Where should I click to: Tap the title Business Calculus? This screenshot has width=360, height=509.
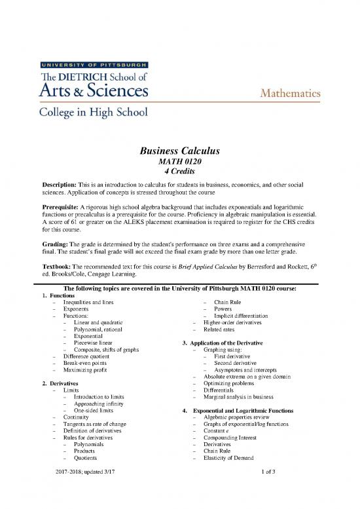(180, 152)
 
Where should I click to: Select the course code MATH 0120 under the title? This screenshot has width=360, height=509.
(180, 164)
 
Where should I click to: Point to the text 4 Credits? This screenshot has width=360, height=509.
(180, 175)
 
